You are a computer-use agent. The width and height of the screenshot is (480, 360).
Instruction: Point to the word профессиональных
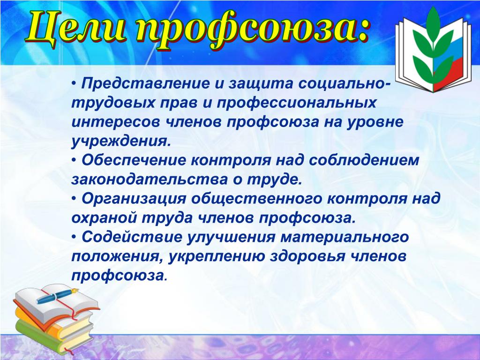pos(296,103)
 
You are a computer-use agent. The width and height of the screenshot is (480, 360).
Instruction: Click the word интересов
pos(116,122)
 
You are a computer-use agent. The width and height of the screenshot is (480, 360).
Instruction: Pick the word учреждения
pos(120,141)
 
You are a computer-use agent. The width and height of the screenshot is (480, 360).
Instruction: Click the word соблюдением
pos(364,160)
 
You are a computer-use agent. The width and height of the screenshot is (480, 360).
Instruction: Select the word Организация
pos(134,199)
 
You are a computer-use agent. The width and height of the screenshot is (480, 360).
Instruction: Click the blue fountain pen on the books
pos(57,295)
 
